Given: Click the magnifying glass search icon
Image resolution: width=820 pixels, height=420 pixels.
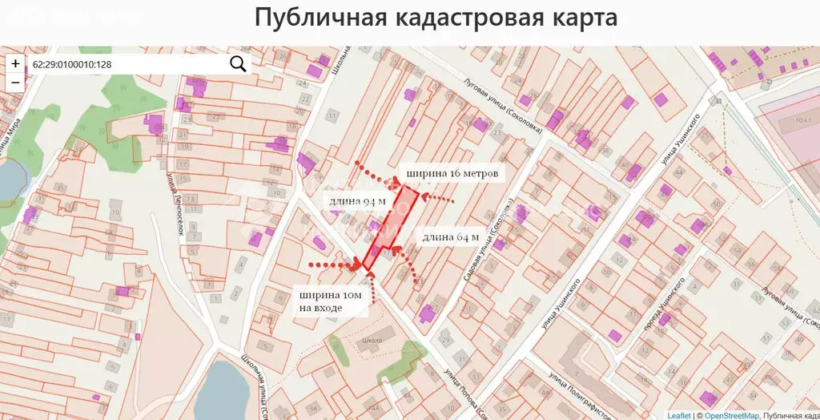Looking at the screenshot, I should pos(238,64).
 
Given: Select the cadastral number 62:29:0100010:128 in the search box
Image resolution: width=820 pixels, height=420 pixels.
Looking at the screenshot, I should pos(72,64).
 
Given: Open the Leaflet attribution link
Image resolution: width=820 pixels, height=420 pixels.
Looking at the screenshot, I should pos(678,415).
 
